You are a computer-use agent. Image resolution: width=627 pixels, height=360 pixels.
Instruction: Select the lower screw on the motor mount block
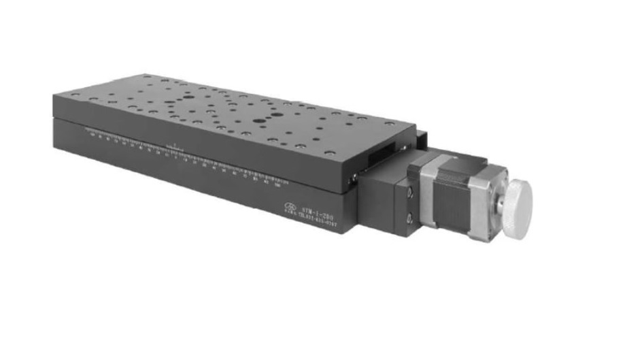[409, 218]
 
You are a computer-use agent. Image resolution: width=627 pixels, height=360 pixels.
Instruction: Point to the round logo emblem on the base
[291, 208]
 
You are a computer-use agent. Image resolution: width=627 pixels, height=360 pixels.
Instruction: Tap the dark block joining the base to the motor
[384, 197]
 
